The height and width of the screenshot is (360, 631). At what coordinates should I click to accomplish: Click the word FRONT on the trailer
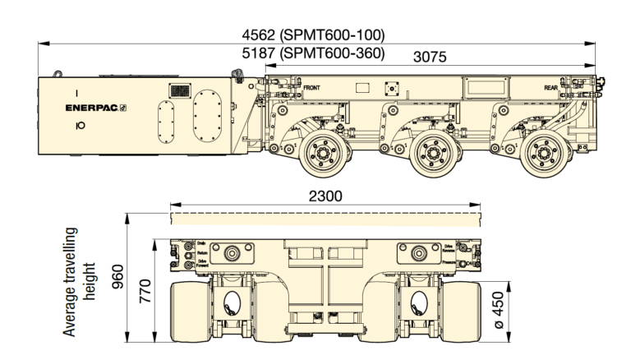[311, 86]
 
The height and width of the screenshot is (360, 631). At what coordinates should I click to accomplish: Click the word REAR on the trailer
[550, 86]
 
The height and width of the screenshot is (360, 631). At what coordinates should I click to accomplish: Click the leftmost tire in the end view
[188, 311]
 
